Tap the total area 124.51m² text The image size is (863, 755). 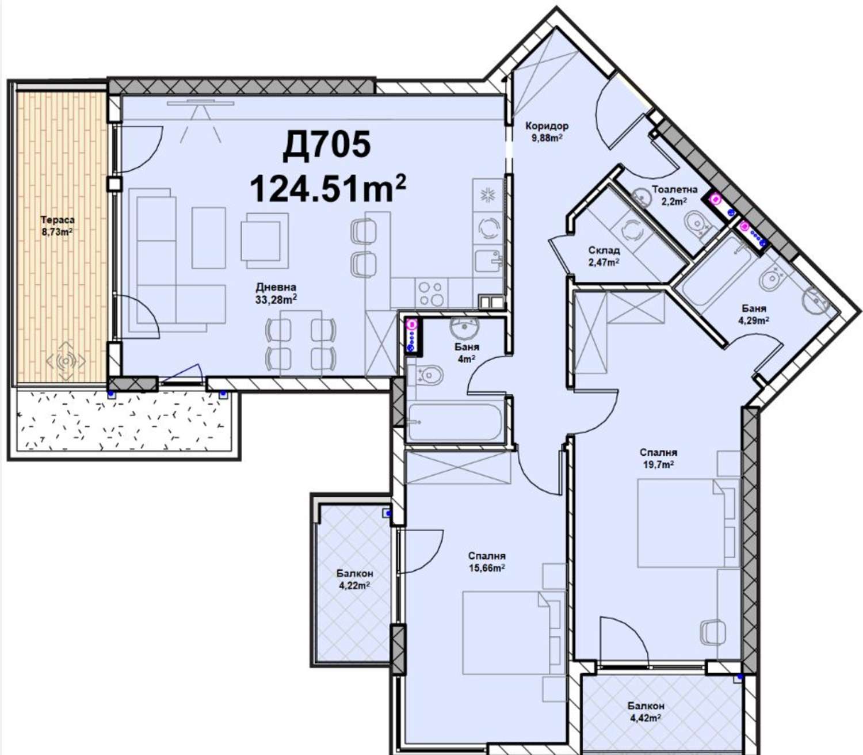pos(328,189)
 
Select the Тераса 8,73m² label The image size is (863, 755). pos(58,225)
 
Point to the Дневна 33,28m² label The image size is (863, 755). pos(276,293)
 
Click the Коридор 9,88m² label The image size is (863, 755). pos(547,131)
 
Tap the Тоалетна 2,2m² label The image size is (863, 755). pos(674,195)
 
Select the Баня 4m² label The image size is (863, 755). pos(467,353)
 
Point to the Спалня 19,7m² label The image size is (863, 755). pos(658,458)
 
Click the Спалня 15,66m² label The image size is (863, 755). pos(487,562)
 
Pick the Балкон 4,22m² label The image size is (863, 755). pos(355,579)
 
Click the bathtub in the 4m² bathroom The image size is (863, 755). pos(455,422)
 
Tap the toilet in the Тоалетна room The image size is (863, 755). pos(699,223)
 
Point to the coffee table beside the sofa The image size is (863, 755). pos(208,238)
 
